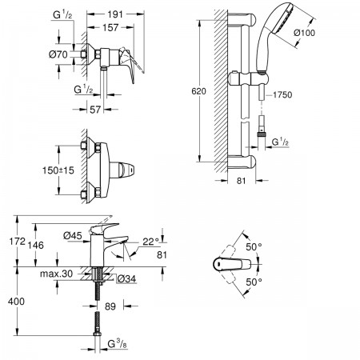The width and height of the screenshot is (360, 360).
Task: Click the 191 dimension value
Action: [115, 14]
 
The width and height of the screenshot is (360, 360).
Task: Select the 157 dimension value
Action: [110, 27]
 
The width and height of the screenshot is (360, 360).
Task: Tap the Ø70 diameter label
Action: [58, 54]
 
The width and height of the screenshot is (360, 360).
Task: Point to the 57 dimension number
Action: [95, 110]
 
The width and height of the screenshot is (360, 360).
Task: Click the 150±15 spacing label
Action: [58, 170]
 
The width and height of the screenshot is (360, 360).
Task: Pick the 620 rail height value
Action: [198, 91]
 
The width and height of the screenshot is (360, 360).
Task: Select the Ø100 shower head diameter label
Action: [304, 33]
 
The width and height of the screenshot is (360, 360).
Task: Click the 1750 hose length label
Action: [282, 94]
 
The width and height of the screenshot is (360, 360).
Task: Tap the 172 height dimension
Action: [18, 242]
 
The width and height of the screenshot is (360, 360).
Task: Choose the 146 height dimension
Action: [36, 245]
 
